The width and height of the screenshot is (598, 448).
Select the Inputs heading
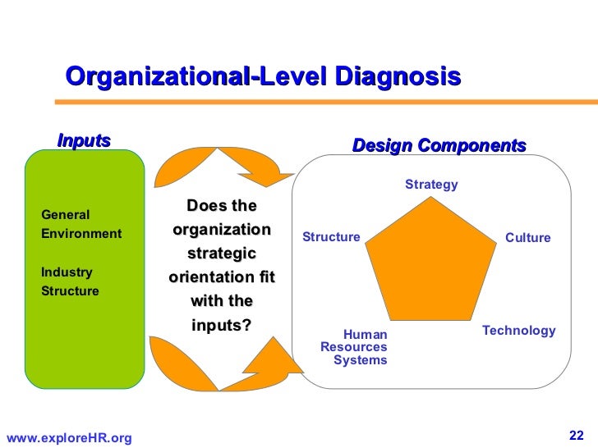(84, 141)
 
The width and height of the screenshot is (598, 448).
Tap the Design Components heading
(439, 146)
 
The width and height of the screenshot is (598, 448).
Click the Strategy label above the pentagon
(431, 185)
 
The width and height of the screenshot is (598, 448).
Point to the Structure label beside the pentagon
(331, 237)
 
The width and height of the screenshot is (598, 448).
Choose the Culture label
(527, 238)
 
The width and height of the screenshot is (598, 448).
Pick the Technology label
(518, 331)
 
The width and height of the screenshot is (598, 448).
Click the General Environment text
(81, 224)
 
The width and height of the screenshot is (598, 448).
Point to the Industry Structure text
(70, 281)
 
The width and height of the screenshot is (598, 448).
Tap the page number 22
(575, 434)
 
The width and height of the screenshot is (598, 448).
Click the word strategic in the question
(222, 254)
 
